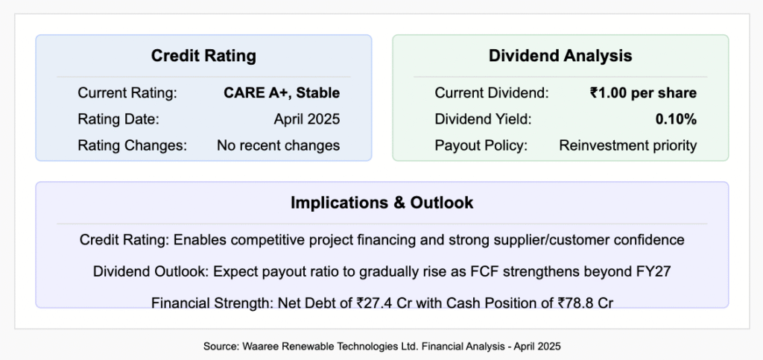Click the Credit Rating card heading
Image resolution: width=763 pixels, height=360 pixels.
(203, 55)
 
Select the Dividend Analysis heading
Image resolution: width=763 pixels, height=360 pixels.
(560, 55)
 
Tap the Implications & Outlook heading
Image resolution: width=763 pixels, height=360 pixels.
(382, 203)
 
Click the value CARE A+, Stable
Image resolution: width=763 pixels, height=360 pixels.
(282, 93)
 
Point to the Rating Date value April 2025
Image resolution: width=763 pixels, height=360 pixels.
(306, 119)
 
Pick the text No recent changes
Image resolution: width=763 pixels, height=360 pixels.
(279, 145)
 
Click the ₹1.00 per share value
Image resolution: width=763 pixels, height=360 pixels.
(643, 93)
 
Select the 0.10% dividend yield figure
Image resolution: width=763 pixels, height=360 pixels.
(676, 119)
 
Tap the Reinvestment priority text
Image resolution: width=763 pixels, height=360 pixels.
(627, 145)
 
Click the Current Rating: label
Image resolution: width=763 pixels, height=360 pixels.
(127, 93)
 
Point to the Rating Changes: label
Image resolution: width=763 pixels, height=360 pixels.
(133, 145)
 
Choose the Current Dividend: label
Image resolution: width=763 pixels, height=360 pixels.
(492, 93)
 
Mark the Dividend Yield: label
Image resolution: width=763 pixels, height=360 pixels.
(483, 119)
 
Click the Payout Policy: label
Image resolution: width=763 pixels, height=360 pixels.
(481, 145)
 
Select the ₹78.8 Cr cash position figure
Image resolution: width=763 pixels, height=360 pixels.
(586, 303)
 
